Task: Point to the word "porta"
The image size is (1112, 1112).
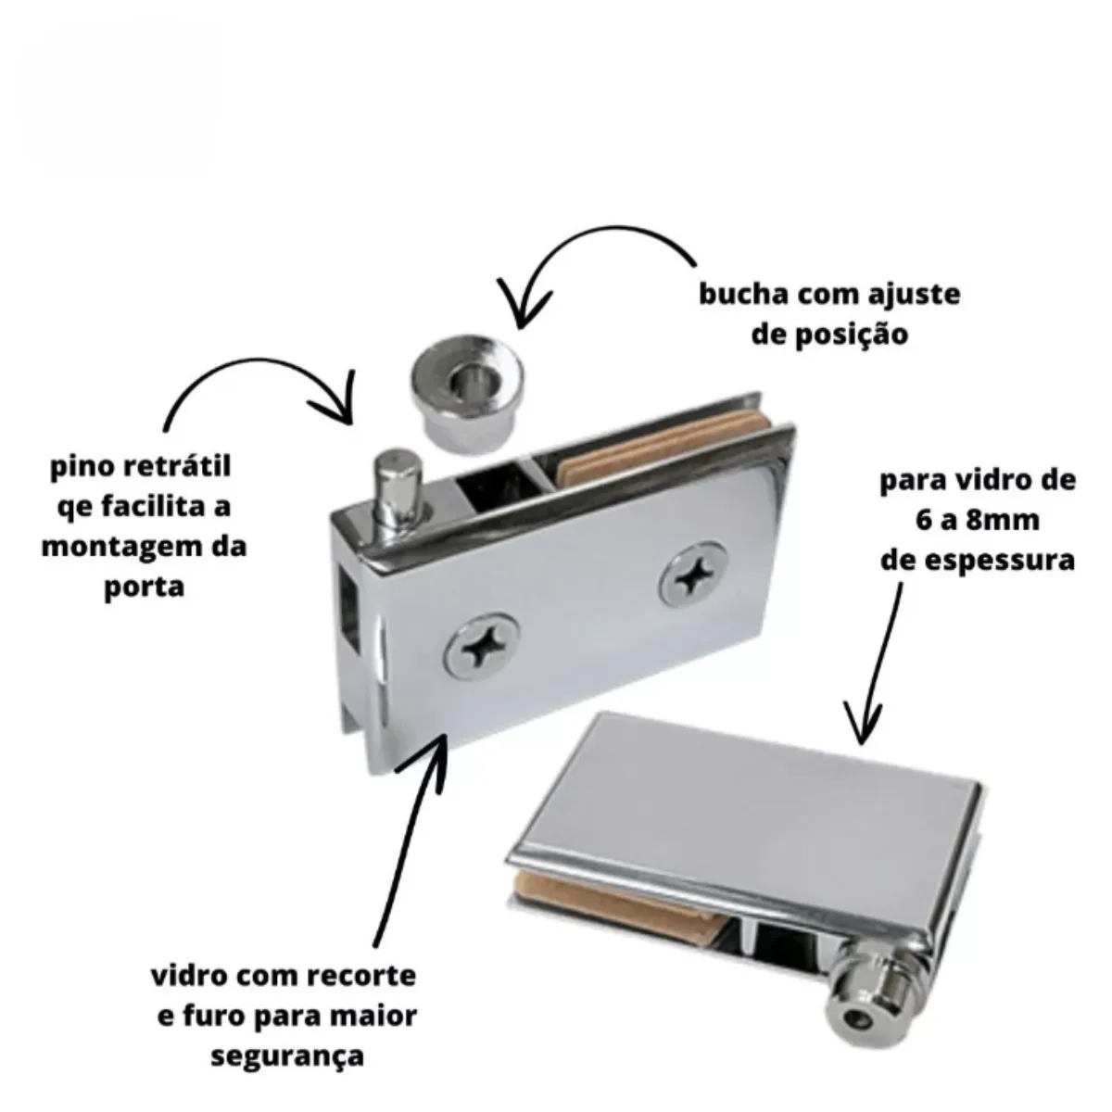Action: click(x=144, y=587)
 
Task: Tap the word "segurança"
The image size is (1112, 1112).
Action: click(x=287, y=1055)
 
